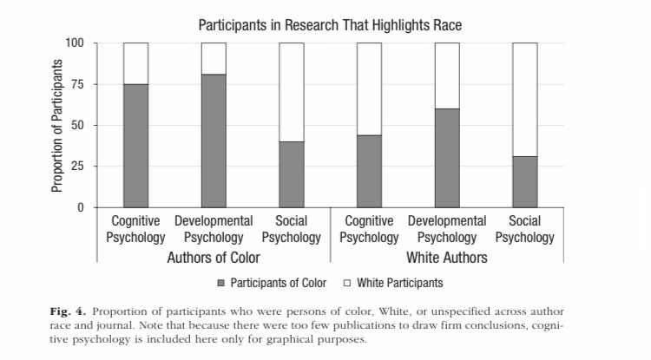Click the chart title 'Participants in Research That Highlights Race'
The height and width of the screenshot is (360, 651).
click(329, 25)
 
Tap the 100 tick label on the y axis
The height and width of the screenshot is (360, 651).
click(76, 43)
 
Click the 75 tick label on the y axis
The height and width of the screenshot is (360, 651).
click(79, 84)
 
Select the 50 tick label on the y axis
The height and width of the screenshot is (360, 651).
click(79, 125)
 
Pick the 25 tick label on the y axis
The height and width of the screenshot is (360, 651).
click(79, 166)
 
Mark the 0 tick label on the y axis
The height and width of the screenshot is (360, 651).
click(82, 207)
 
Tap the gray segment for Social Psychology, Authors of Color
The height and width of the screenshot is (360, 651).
click(291, 174)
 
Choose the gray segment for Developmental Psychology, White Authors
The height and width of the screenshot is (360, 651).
click(447, 158)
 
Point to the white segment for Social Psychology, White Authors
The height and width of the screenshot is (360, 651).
click(524, 99)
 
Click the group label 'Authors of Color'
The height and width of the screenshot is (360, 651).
click(214, 258)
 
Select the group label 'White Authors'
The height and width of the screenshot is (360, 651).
click(447, 258)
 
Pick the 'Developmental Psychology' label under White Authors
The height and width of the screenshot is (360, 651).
click(447, 229)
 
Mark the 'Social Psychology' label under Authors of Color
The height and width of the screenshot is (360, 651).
click(291, 229)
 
